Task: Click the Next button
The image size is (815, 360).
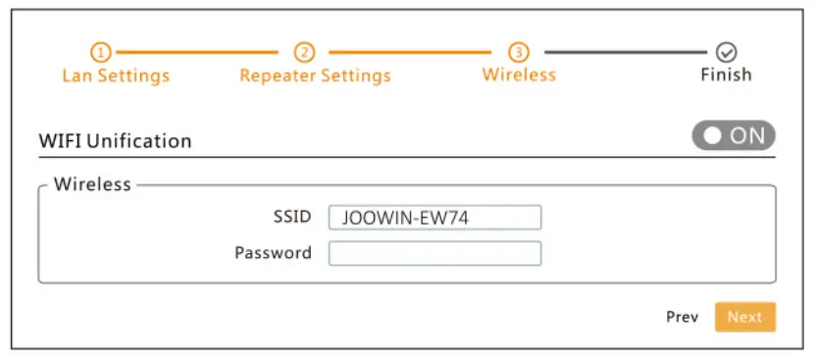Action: click(x=744, y=317)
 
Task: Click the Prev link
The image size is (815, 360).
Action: click(x=682, y=317)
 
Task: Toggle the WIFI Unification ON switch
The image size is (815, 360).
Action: click(x=734, y=136)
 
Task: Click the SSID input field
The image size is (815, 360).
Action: click(x=434, y=218)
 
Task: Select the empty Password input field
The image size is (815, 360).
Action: click(x=434, y=253)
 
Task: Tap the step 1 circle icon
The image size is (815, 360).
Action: click(x=101, y=52)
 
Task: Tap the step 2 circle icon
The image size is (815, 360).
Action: click(x=304, y=52)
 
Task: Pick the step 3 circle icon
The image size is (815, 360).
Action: click(x=519, y=52)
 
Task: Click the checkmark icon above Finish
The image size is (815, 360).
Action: click(x=727, y=52)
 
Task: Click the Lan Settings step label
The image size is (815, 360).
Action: click(x=116, y=76)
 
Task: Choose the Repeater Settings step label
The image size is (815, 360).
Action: click(x=315, y=76)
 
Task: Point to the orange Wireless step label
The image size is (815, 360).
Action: click(x=519, y=75)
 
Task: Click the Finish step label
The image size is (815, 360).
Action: click(x=726, y=75)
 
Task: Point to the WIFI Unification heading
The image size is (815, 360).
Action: click(x=115, y=140)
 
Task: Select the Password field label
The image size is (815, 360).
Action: click(x=273, y=253)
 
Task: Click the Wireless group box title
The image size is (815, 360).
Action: click(x=92, y=184)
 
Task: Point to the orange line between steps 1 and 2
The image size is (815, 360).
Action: click(x=201, y=52)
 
